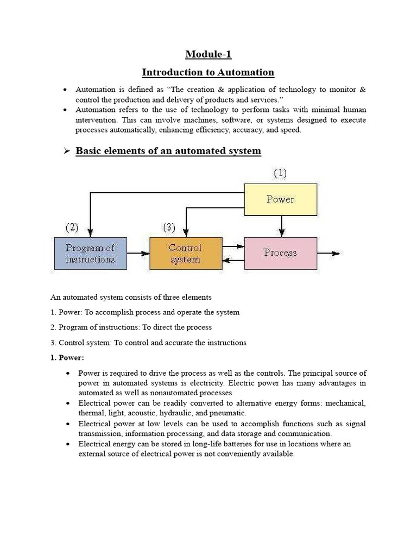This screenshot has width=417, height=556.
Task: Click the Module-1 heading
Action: [208, 54]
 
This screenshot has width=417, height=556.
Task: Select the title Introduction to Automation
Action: [208, 72]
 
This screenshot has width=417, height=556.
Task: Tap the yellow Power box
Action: [280, 199]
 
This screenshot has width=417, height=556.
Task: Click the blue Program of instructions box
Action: [91, 253]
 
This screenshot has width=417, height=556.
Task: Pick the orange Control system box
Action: [185, 253]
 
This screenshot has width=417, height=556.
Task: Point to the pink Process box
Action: [280, 252]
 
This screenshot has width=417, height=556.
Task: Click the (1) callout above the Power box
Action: [280, 173]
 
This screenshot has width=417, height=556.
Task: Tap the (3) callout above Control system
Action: [168, 226]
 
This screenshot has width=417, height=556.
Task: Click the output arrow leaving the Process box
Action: [329, 253]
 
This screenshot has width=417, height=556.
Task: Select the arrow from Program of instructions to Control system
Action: [138, 253]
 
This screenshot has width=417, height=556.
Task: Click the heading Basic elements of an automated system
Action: [168, 151]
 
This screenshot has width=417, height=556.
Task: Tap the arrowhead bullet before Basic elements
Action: [67, 151]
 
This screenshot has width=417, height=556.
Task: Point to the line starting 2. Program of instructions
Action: [131, 327]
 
